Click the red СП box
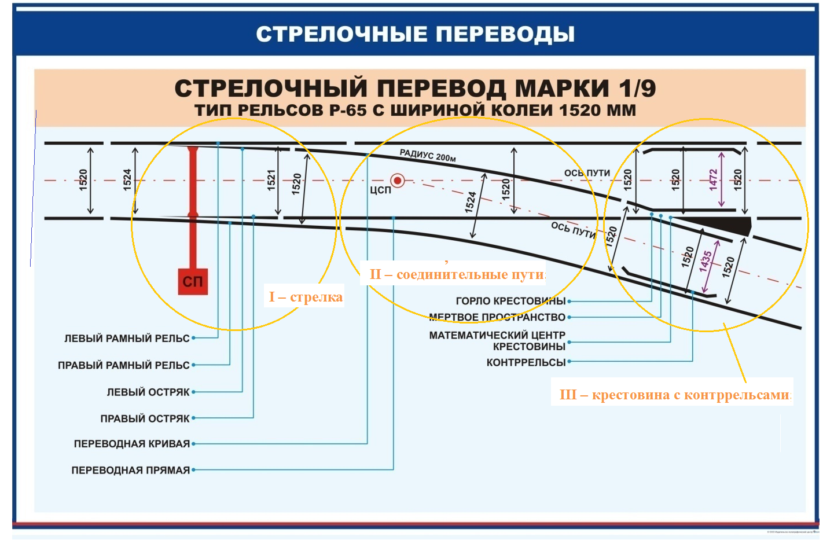193,281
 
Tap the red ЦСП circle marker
398,181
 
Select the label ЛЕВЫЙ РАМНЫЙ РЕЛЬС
127,338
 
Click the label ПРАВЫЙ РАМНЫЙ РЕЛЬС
123,365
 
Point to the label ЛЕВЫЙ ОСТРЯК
148,392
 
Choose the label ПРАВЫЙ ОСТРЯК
145,418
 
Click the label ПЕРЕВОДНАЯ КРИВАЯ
132,444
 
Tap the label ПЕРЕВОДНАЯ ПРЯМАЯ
131,470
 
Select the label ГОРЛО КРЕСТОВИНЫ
510,301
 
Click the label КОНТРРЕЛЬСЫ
526,362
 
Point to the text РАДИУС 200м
428,155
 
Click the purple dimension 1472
713,179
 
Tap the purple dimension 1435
706,261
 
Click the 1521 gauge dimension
271,179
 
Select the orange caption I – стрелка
306,297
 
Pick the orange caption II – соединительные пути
457,274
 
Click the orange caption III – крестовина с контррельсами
674,395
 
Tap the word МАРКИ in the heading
562,89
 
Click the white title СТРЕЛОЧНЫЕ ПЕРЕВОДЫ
416,34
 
